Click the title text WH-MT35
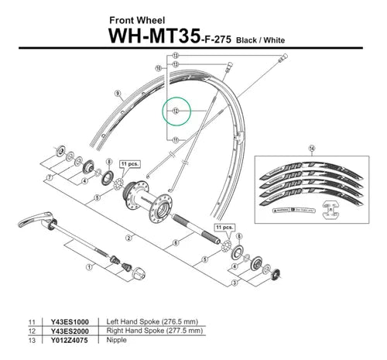155,36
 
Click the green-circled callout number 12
175,111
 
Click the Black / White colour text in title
256,39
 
